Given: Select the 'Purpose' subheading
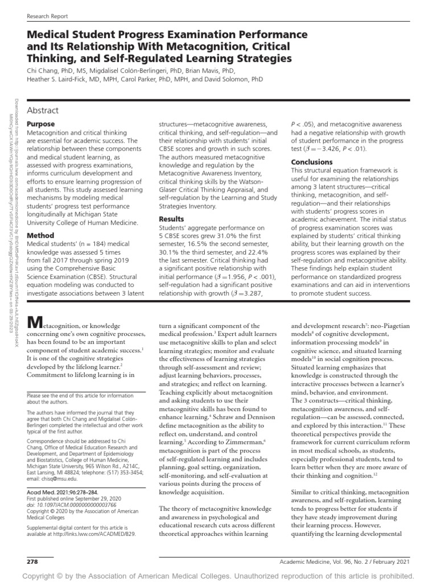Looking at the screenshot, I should coord(41,124).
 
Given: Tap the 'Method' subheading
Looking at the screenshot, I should coord(40,235).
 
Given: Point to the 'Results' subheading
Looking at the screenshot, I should coord(171,219).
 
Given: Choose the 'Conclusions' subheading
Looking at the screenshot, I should coord(312,162).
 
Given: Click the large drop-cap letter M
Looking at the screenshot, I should coord(35,323).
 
